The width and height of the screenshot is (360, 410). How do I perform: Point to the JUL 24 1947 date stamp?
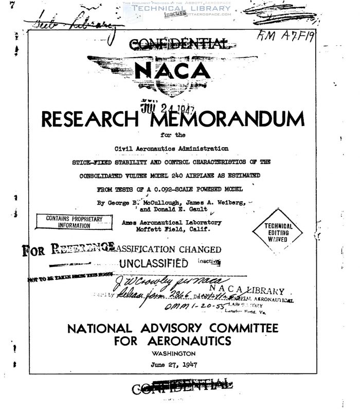[164, 108]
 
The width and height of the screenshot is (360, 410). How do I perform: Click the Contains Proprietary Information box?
[74, 222]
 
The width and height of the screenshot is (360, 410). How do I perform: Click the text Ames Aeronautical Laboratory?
[172, 222]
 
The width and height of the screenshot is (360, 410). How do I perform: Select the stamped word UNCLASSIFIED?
[153, 263]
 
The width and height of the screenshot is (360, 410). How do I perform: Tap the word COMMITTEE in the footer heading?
[230, 328]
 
